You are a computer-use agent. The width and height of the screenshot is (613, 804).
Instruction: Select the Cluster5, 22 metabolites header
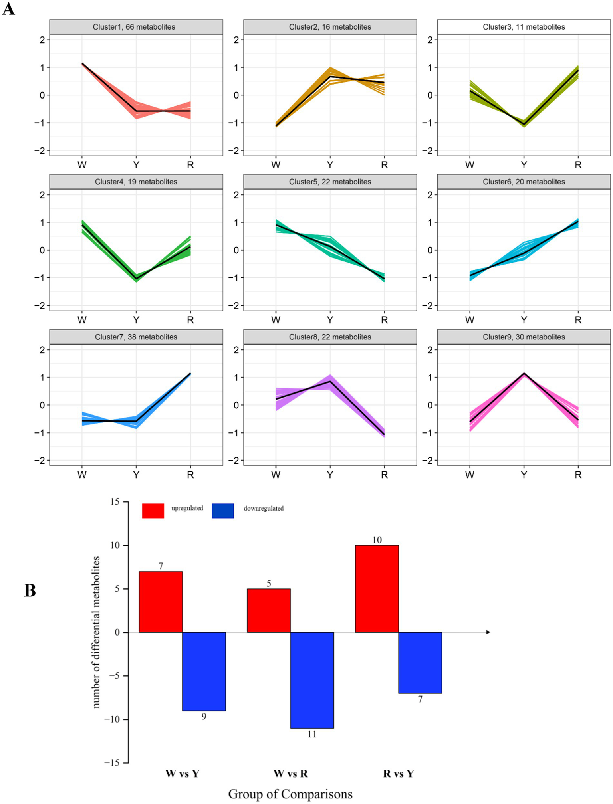pos(330,182)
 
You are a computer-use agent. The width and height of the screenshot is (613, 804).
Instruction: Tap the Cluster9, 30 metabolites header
pos(524,337)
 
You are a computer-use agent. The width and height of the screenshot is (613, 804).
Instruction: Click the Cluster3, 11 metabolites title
pos(524,27)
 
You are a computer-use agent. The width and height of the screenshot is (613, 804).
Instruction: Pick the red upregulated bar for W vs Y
pos(161,602)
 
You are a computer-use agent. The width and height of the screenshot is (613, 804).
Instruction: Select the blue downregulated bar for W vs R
pos(312,680)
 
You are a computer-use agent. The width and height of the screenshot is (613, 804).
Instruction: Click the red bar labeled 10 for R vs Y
pos(377,588)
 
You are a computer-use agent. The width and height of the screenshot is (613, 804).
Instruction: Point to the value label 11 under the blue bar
pos(312,734)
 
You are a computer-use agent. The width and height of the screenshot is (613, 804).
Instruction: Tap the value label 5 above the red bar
pos(269,584)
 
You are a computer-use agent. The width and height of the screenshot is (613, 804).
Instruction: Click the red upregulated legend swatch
pos(153,511)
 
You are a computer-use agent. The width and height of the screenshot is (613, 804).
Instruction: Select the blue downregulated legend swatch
pos(222,511)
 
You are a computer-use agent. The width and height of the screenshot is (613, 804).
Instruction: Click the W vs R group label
pos(290,774)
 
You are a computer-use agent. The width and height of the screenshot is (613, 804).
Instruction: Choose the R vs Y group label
pos(398,774)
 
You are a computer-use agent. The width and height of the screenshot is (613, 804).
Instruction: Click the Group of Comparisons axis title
pos(290,794)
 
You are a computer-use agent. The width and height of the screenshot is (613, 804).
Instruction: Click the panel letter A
pos(8,9)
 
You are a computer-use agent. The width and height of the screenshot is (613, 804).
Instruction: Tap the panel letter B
pos(30,591)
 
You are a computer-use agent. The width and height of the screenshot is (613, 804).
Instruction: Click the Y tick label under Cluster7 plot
pos(136,475)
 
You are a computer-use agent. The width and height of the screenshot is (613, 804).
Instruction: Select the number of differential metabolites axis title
pos(96,632)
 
